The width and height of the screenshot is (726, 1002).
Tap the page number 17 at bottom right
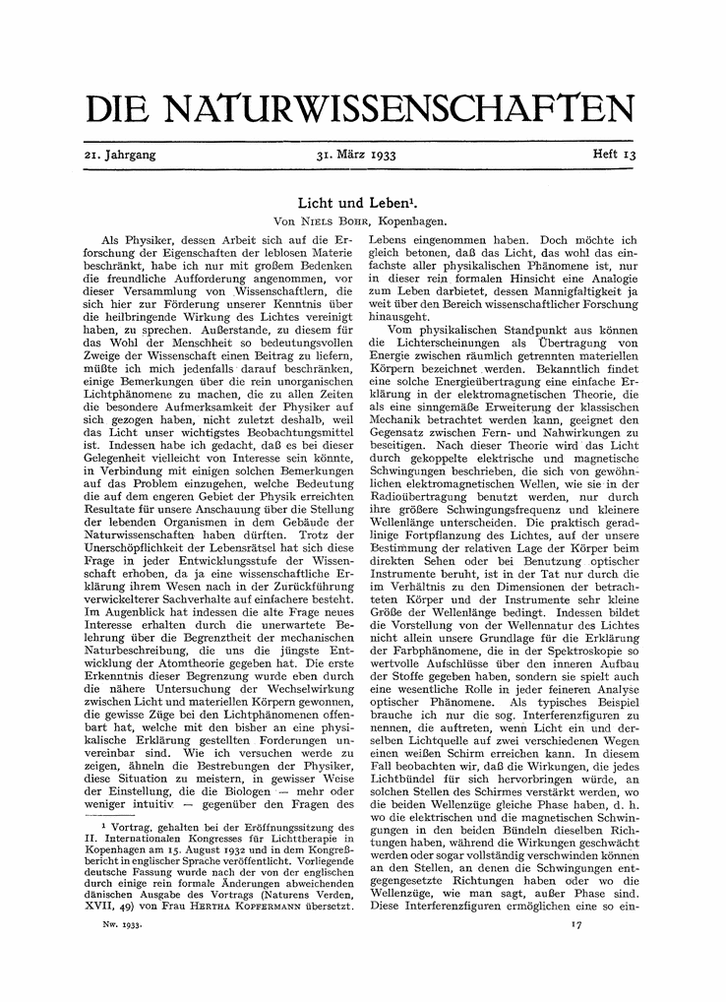coord(577,925)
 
